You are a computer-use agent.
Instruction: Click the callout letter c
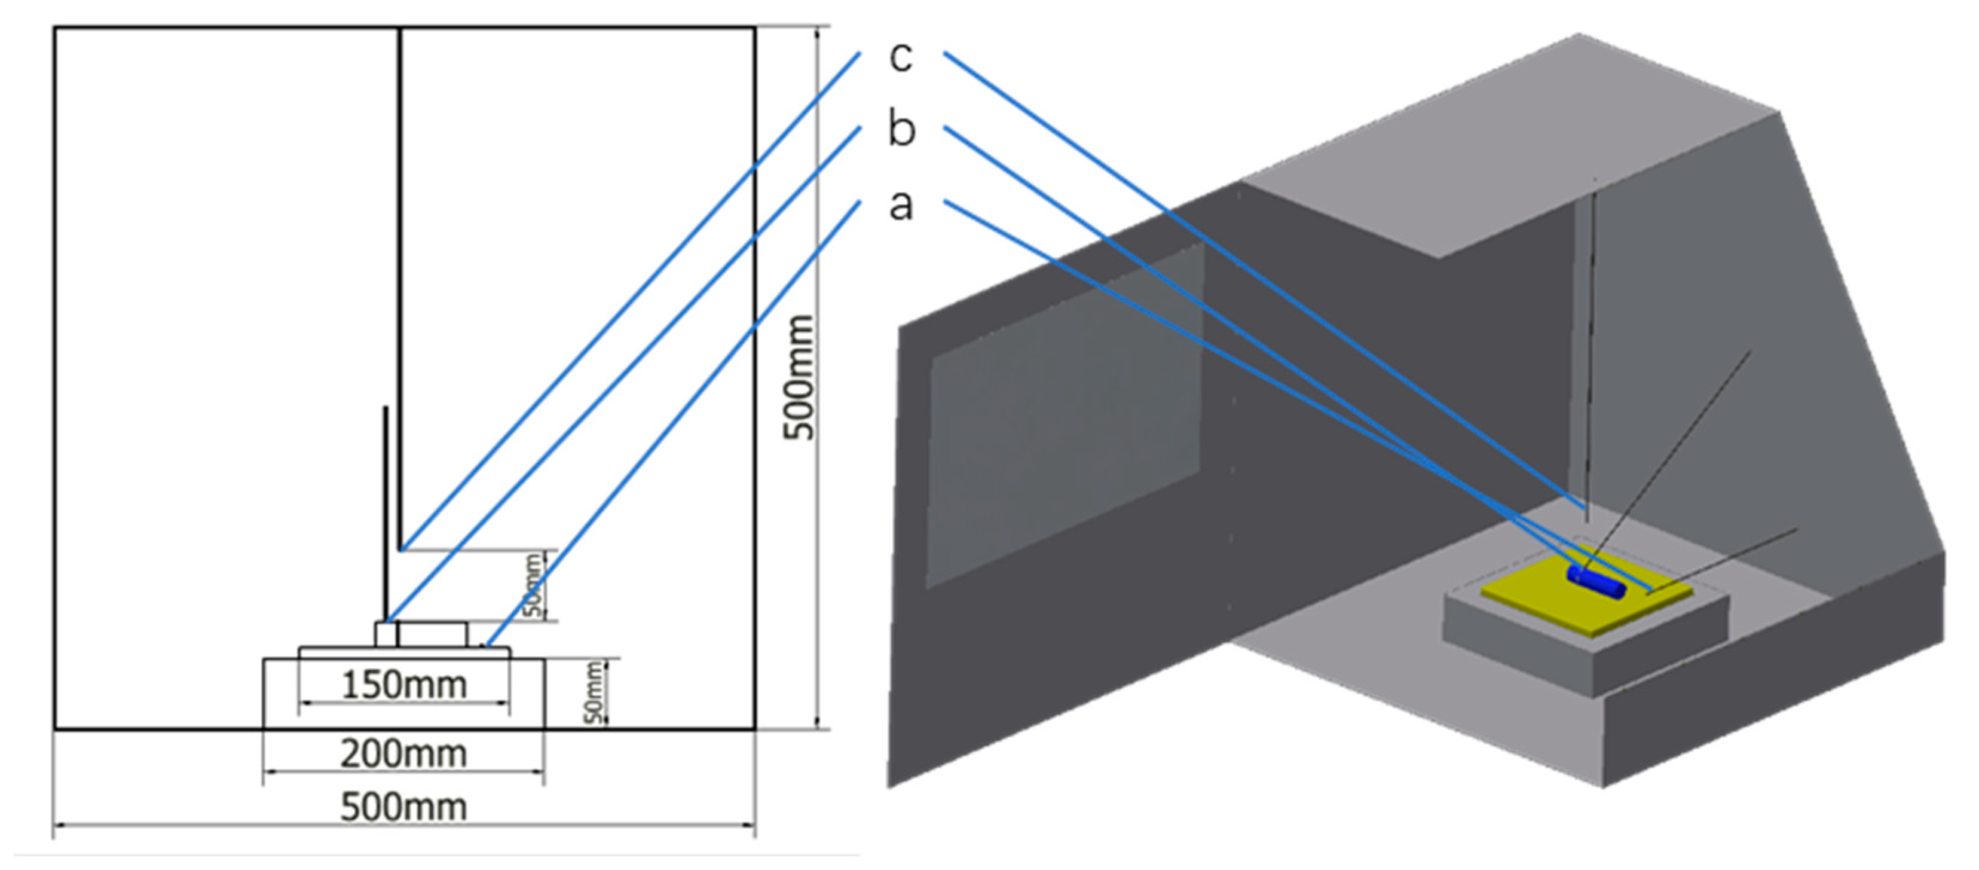click(x=901, y=56)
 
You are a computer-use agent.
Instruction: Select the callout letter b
click(x=902, y=127)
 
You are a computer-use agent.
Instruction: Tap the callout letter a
click(x=901, y=204)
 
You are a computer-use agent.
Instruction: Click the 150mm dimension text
click(x=404, y=685)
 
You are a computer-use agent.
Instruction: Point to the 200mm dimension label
click(x=404, y=754)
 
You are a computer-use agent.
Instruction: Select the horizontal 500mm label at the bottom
click(x=404, y=808)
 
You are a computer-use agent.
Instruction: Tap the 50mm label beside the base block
click(x=595, y=692)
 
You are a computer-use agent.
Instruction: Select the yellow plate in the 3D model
click(x=1586, y=592)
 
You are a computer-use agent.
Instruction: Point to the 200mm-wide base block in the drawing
click(x=404, y=692)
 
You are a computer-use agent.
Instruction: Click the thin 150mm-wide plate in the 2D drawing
click(x=404, y=652)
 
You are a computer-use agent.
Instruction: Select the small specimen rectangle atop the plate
click(x=421, y=634)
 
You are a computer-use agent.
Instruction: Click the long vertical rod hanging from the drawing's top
click(x=399, y=288)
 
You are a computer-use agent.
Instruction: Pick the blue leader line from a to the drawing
click(x=673, y=423)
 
